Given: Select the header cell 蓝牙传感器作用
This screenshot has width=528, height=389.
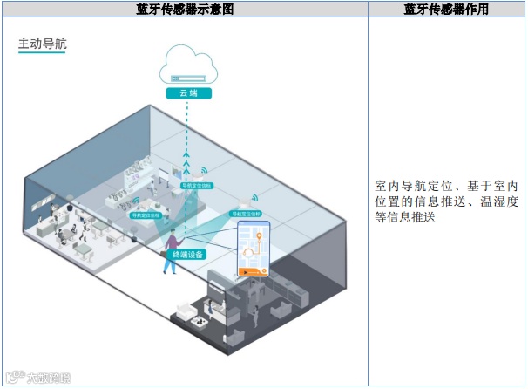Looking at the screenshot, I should pyautogui.click(x=446, y=10).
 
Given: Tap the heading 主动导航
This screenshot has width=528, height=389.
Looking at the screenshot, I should pyautogui.click(x=41, y=44).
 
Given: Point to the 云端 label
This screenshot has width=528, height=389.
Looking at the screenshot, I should pyautogui.click(x=188, y=92).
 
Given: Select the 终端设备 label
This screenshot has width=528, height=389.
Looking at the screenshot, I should pyautogui.click(x=187, y=254).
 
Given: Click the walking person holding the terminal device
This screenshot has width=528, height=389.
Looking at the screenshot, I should pyautogui.click(x=171, y=249).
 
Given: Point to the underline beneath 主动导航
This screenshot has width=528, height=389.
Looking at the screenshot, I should pyautogui.click(x=41, y=54).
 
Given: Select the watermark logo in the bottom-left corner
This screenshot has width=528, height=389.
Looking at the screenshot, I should pyautogui.click(x=39, y=378).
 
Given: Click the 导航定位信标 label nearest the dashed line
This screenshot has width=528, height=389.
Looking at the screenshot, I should pyautogui.click(x=196, y=186).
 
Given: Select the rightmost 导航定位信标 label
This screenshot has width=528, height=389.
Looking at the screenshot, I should pyautogui.click(x=247, y=212).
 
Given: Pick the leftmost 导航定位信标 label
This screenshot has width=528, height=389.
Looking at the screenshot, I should pyautogui.click(x=146, y=214).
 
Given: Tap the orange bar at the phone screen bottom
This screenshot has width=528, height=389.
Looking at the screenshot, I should pyautogui.click(x=254, y=272).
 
